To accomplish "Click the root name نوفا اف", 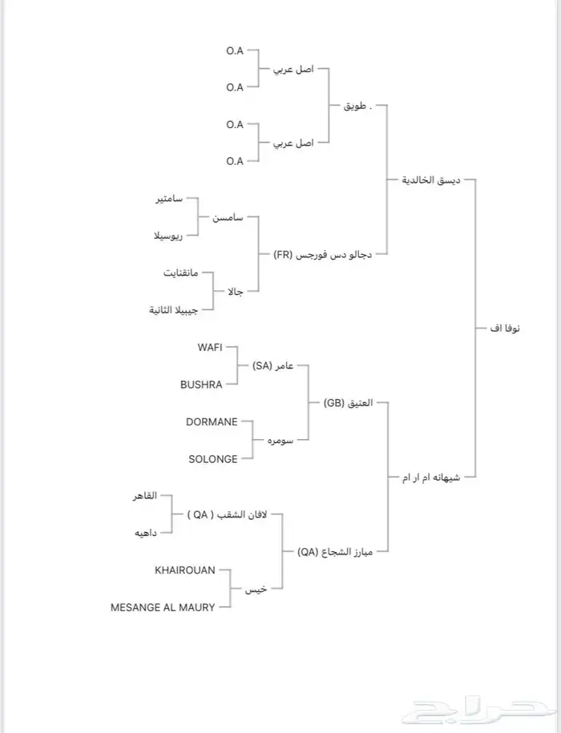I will (503, 328).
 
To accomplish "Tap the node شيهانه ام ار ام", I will (432, 477).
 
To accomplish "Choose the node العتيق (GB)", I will (347, 403).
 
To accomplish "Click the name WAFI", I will (210, 347).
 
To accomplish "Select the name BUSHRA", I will (201, 385).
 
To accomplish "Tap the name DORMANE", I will (212, 421).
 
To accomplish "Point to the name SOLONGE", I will (213, 459).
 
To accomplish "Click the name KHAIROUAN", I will (185, 570).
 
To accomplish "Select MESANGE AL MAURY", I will (163, 607).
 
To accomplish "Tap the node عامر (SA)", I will (272, 366).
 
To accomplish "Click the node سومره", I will (277, 441).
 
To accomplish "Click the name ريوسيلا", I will (168, 236).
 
